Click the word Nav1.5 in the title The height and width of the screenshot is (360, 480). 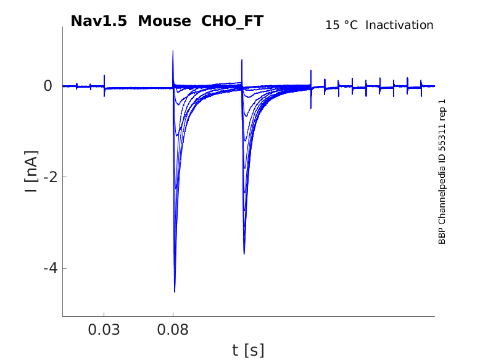[x=99, y=21]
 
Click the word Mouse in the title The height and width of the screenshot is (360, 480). [x=165, y=21]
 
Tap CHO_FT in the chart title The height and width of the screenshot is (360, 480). [x=233, y=21]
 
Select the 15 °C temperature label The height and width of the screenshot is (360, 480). [x=341, y=25]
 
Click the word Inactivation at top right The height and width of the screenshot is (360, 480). [x=400, y=25]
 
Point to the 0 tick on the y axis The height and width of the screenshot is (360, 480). [x=48, y=86]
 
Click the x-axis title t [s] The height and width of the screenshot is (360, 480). [x=248, y=351]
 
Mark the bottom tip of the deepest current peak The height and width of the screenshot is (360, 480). [x=175, y=291]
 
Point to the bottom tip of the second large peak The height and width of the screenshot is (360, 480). [x=244, y=253]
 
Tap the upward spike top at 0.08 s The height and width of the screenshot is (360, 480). [x=173, y=52]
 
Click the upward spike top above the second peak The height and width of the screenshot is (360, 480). [x=242, y=61]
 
